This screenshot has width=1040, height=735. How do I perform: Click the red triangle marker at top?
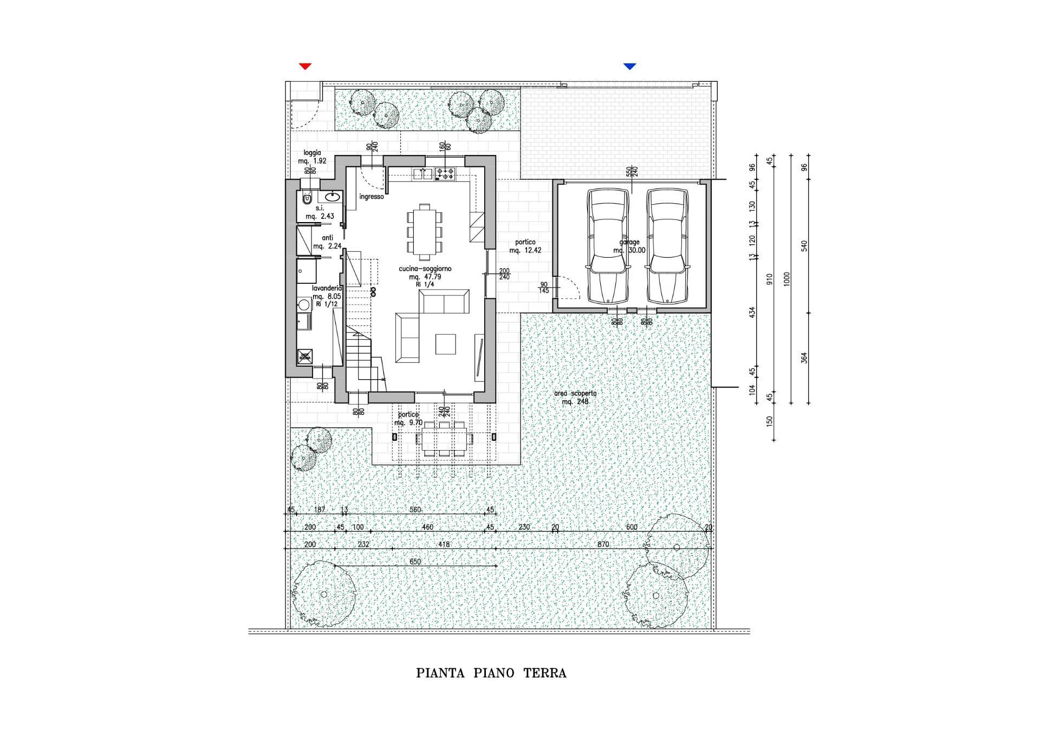(305, 66)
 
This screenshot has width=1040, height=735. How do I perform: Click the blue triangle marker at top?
(629, 66)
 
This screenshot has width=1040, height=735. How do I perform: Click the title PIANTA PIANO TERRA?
(491, 673)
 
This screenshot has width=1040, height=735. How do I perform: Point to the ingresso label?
(372, 197)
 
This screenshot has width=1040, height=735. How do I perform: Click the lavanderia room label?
(327, 296)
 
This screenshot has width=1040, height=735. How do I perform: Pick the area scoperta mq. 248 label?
(575, 398)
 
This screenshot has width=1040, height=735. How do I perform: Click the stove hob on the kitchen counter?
(446, 174)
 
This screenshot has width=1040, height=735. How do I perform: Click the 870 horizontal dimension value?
(603, 544)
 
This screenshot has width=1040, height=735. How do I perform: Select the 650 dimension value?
(415, 562)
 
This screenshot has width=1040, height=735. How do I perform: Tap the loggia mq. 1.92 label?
(312, 157)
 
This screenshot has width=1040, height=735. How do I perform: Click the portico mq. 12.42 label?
(525, 246)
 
